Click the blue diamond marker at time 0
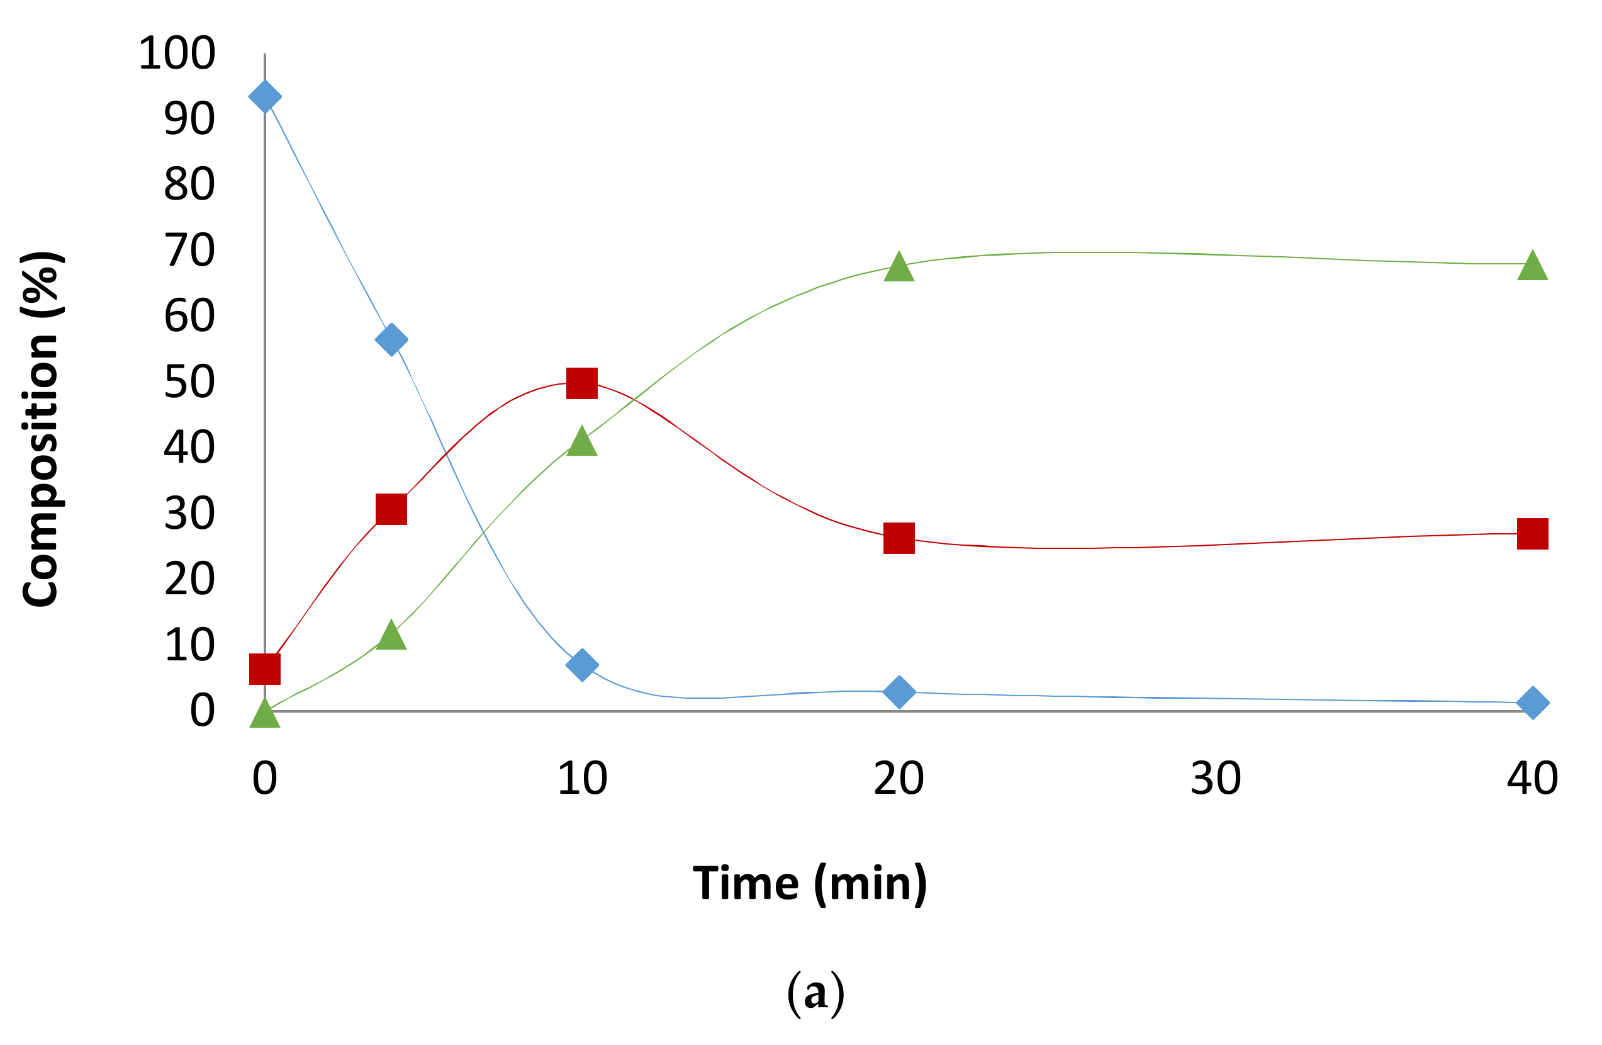264,96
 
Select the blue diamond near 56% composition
391,339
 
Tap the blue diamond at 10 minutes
582,665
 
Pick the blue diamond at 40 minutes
1533,703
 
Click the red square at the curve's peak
582,383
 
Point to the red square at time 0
264,669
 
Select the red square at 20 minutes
899,538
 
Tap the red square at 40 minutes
1533,534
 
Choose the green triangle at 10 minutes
582,443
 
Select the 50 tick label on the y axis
189,381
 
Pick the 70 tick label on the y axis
189,251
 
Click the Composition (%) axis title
42,429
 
